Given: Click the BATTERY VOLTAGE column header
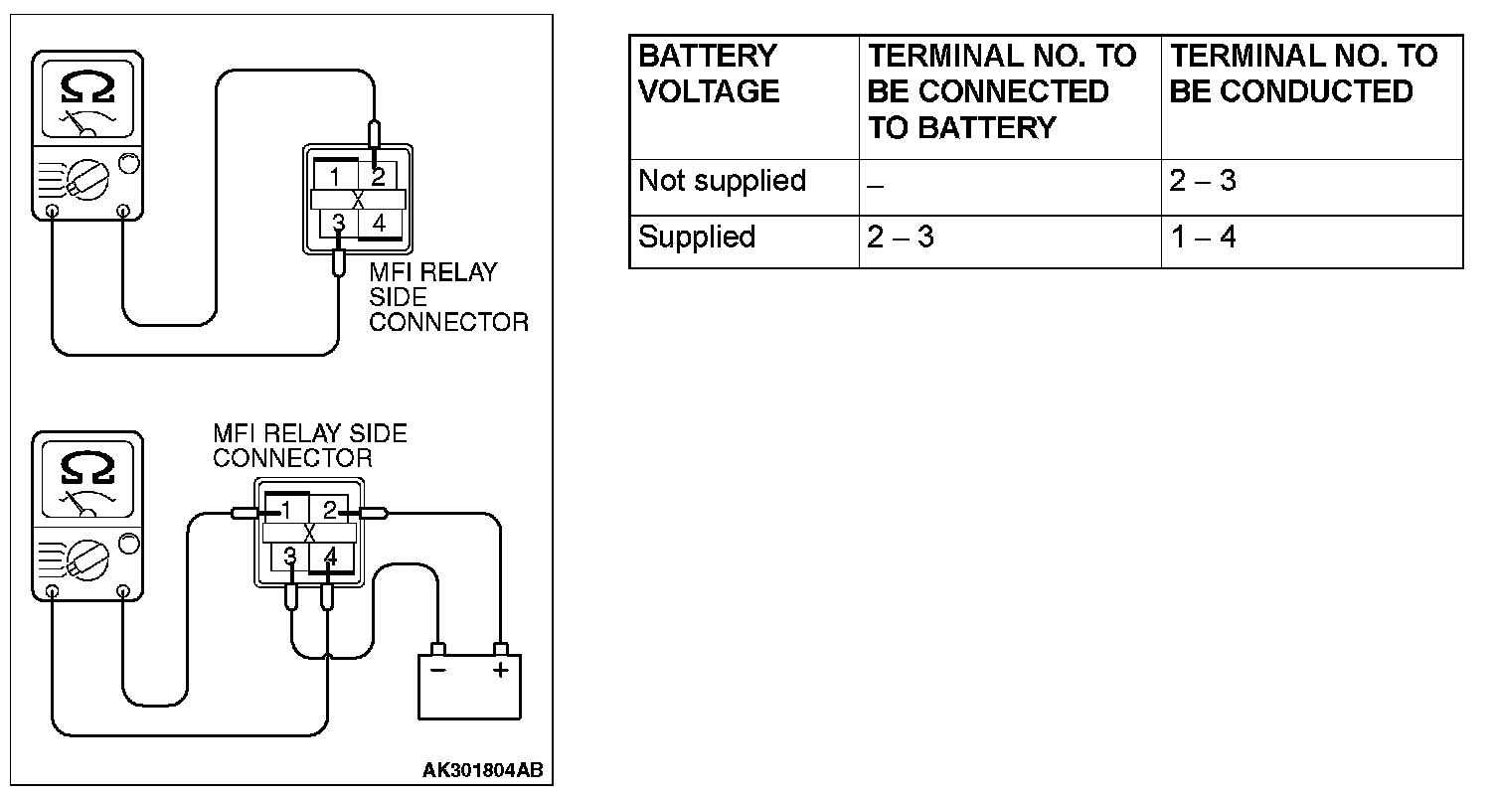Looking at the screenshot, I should (x=708, y=74).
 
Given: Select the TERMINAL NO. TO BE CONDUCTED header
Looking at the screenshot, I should (x=1302, y=74).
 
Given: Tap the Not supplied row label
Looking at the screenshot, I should (x=722, y=182).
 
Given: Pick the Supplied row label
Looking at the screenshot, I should (x=697, y=238).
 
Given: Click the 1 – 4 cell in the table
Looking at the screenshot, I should (x=1203, y=238).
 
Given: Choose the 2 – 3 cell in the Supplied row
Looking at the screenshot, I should (x=901, y=238).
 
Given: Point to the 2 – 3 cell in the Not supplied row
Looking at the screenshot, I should (x=1203, y=182).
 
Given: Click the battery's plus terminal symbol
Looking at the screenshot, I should (x=500, y=670).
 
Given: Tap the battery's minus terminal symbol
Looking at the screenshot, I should (x=437, y=670).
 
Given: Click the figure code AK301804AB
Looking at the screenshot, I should (x=483, y=771).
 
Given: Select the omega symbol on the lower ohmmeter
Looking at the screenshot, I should (x=87, y=467).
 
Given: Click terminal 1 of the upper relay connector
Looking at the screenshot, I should (x=337, y=178).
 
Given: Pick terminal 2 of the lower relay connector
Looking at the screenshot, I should (x=329, y=511).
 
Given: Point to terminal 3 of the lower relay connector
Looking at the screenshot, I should (x=289, y=556).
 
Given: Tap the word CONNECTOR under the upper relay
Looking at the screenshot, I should (x=448, y=322).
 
